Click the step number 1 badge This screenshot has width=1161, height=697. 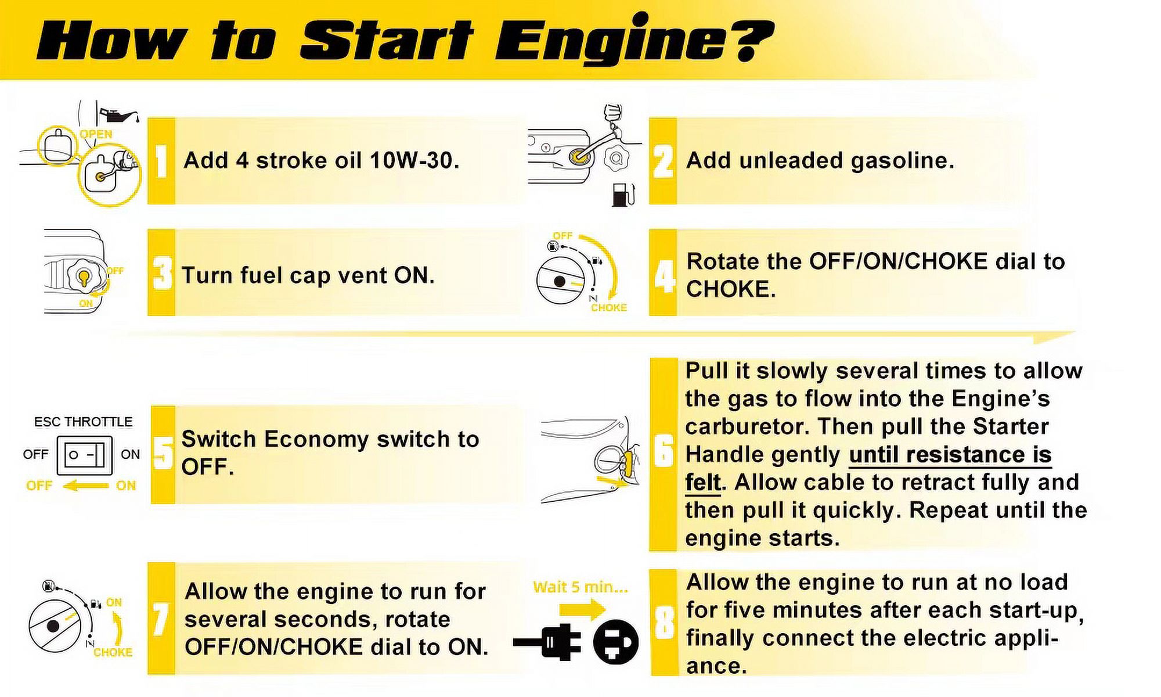pyautogui.click(x=161, y=161)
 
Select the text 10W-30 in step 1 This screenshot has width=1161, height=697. pyautogui.click(x=414, y=160)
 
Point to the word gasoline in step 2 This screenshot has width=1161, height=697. pyautogui.click(x=903, y=161)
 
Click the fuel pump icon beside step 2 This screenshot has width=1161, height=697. pyautogui.click(x=623, y=194)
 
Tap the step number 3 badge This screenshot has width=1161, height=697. pyautogui.click(x=161, y=273)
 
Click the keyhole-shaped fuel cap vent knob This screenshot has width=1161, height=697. pyautogui.click(x=84, y=277)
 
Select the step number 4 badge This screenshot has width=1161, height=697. pyautogui.click(x=663, y=273)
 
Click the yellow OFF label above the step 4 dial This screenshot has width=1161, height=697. pyautogui.click(x=563, y=236)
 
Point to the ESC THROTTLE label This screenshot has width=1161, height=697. pyautogui.click(x=83, y=422)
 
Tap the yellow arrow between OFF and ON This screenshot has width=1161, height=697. pyautogui.click(x=85, y=486)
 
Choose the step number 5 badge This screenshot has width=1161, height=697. pyautogui.click(x=163, y=455)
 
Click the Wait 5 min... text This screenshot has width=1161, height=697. pyautogui.click(x=580, y=587)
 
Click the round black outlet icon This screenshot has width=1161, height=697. pyautogui.click(x=616, y=642)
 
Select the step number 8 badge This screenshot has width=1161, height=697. pyautogui.click(x=664, y=622)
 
